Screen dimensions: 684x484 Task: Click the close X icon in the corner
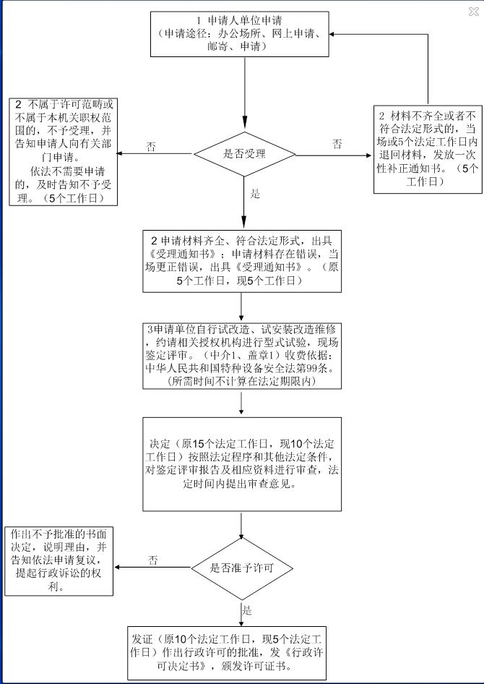[x=474, y=10]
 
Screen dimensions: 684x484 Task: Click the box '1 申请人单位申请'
[x=245, y=34]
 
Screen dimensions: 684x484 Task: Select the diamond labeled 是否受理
[x=246, y=154]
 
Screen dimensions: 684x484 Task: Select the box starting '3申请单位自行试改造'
[x=241, y=355]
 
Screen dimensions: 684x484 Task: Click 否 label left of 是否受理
[x=151, y=147]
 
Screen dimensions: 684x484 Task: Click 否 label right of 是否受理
[x=337, y=145]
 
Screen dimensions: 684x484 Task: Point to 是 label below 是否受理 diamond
[x=254, y=194]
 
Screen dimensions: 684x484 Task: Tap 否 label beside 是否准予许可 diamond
[x=153, y=560]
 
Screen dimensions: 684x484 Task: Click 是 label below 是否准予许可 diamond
[x=247, y=610]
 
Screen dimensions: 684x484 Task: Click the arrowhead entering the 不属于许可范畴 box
[x=120, y=154]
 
